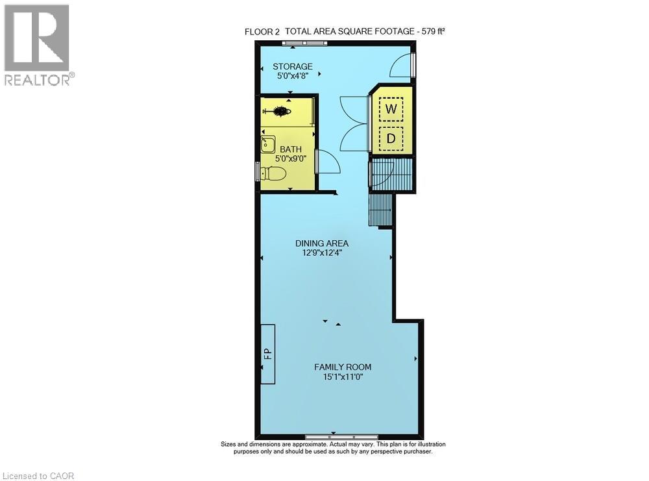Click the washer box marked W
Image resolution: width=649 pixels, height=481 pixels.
pyautogui.click(x=391, y=108)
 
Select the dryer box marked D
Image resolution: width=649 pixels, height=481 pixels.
pyautogui.click(x=391, y=138)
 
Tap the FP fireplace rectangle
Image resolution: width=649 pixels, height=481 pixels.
pyautogui.click(x=267, y=354)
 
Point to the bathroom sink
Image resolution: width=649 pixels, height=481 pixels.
pyautogui.click(x=267, y=144)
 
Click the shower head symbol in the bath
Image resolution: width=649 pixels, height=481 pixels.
pyautogui.click(x=280, y=112)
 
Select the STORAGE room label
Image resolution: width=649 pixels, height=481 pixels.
pyautogui.click(x=292, y=66)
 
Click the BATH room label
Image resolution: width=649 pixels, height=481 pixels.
pyautogui.click(x=291, y=149)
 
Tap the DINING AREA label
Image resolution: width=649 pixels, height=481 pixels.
pyautogui.click(x=318, y=243)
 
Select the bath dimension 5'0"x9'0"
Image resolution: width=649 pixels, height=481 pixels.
pyautogui.click(x=291, y=158)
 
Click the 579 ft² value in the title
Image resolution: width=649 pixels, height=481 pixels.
pyautogui.click(x=430, y=31)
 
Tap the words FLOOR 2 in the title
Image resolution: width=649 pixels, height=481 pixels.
pyautogui.click(x=262, y=31)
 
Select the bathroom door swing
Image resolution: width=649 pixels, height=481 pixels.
pyautogui.click(x=328, y=161)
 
